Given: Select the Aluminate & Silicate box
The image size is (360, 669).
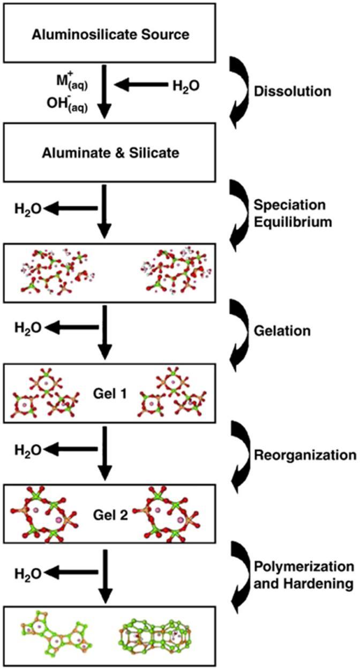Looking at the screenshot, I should (x=110, y=152).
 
